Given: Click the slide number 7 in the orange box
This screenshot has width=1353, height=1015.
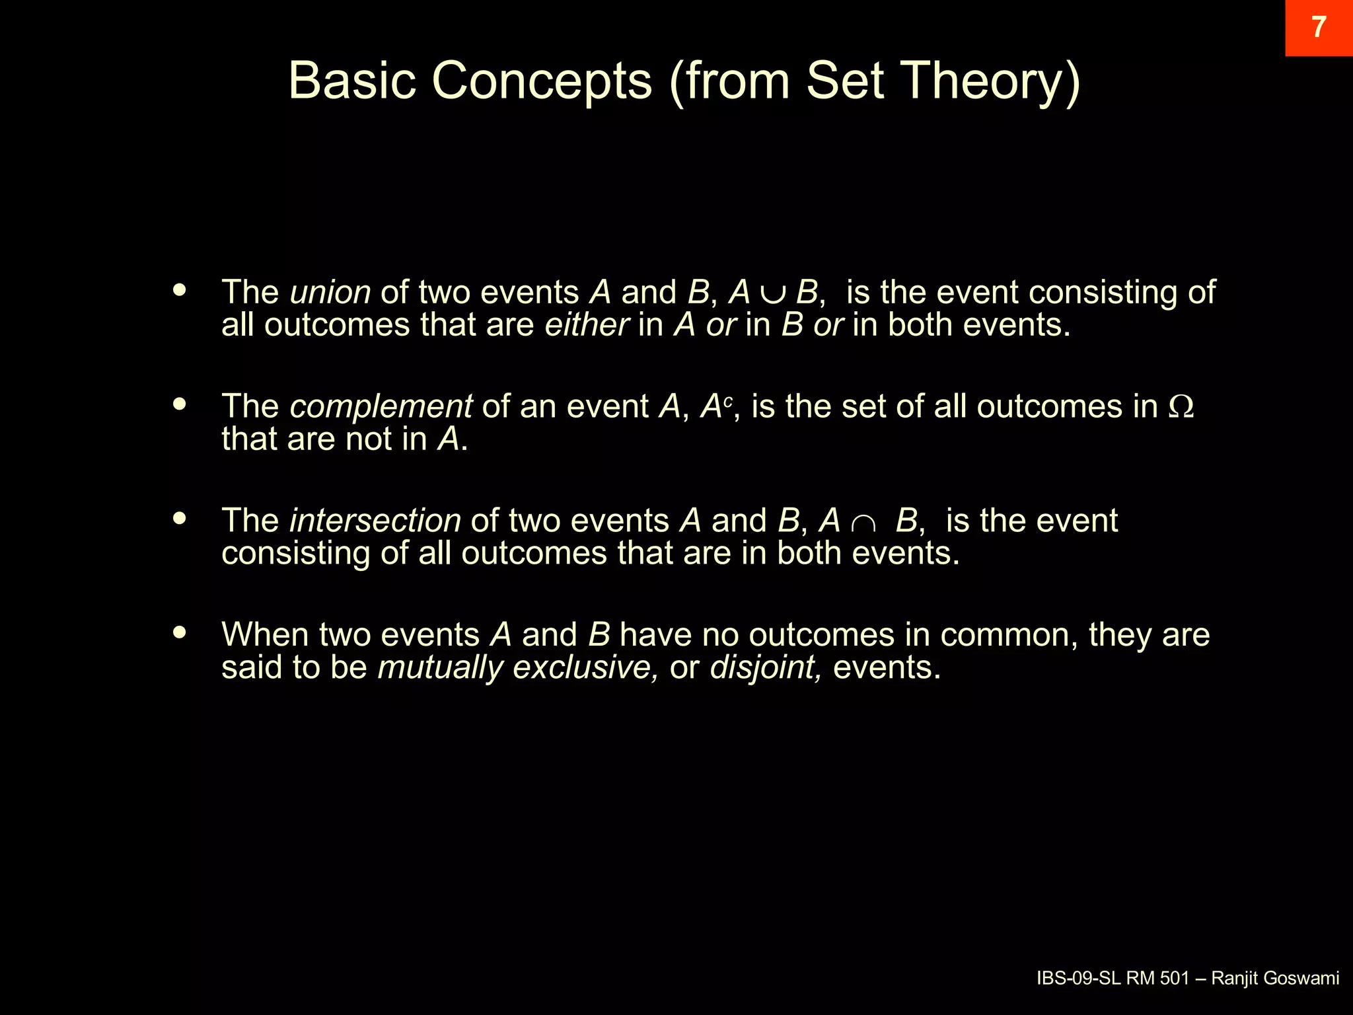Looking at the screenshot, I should click(1319, 27).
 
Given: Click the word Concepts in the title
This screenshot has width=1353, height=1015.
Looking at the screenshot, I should click(542, 81).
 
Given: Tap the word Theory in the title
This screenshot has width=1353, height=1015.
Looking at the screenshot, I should click(991, 81).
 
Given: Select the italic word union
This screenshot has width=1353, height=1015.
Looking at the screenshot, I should click(330, 292).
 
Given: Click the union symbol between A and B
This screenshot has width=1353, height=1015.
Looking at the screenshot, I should click(773, 294).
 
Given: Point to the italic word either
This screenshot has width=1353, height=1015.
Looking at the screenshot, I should click(587, 324).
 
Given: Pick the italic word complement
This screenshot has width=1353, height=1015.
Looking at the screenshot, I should click(381, 406).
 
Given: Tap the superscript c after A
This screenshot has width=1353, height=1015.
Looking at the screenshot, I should click(728, 400).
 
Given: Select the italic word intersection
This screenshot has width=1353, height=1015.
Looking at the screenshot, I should click(375, 521).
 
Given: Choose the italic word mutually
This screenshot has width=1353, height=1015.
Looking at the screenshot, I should click(441, 667).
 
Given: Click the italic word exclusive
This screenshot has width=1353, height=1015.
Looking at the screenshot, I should click(585, 667).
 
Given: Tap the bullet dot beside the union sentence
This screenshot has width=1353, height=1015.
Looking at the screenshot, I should click(179, 289).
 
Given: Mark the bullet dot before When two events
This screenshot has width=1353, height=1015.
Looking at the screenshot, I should click(179, 632).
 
